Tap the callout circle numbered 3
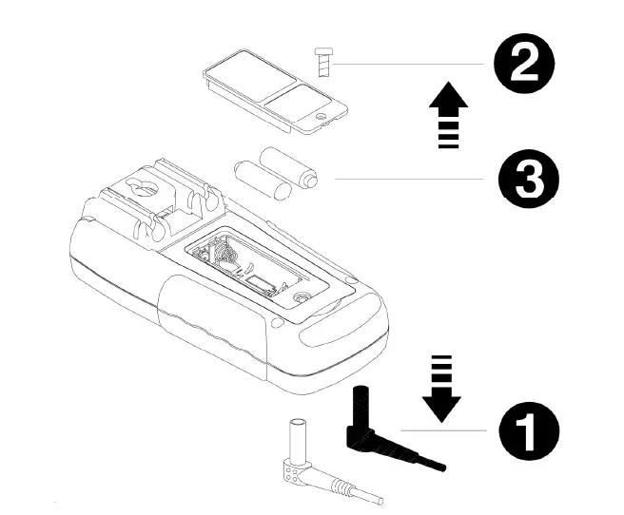(523, 179)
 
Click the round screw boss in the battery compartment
(302, 296)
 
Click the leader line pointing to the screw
(409, 65)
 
